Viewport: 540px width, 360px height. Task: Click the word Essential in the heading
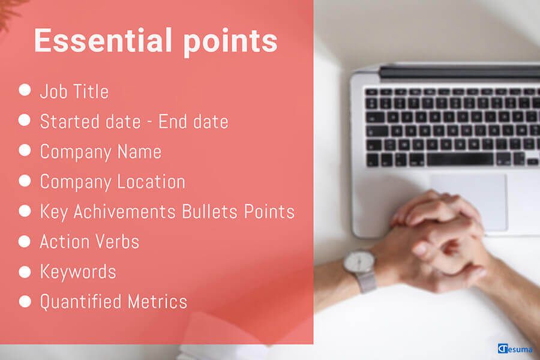point(103,40)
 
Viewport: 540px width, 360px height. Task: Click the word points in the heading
point(230,43)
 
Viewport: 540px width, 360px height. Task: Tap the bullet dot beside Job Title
point(25,89)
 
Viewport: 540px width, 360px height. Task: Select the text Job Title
point(74,92)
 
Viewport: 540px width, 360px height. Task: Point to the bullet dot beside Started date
point(25,120)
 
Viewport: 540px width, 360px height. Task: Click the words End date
point(193,122)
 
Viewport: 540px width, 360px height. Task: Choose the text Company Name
point(101,152)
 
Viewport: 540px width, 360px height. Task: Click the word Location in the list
point(151,182)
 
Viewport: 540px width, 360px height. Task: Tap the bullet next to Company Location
point(25,180)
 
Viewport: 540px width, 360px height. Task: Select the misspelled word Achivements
point(125,212)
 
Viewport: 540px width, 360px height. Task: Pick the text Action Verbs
point(89,241)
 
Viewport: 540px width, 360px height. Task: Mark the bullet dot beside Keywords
point(25,272)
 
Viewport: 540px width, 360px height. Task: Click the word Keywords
point(78,272)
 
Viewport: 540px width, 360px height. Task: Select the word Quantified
point(80,302)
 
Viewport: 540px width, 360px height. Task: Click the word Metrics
point(157,302)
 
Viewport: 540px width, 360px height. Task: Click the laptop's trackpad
point(469,202)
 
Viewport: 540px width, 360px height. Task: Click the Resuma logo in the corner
point(515,349)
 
